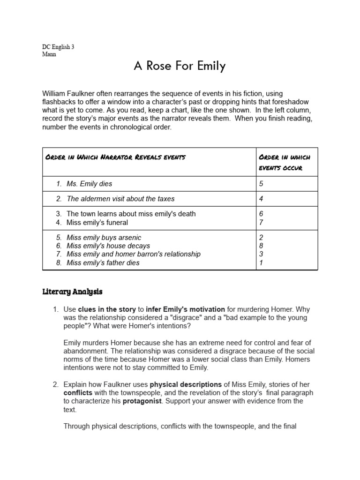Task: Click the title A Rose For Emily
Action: point(180,66)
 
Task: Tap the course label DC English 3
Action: point(58,47)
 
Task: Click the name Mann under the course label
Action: point(49,54)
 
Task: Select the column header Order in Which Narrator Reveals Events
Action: point(115,157)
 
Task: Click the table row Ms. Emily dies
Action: point(89,184)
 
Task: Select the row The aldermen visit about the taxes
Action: point(120,199)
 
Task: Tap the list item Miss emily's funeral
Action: point(97,222)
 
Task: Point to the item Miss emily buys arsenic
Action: point(104,238)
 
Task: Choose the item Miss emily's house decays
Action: point(108,246)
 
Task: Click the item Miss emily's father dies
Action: point(103,262)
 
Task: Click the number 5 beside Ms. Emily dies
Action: point(261,184)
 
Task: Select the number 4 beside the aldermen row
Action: point(261,199)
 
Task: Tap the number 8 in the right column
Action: point(261,246)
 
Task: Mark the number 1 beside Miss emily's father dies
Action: point(261,262)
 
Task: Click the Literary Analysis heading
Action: point(72,292)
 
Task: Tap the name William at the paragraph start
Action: point(55,94)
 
